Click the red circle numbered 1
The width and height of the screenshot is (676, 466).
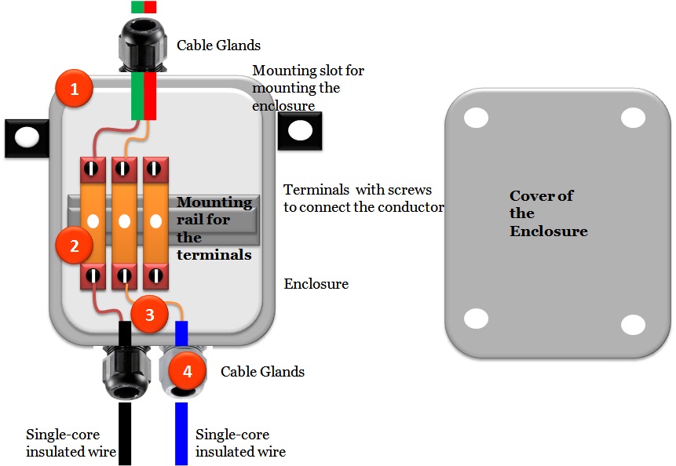pos(75,89)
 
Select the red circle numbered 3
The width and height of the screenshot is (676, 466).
pos(149,315)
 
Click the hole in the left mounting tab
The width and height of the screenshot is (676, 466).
pos(27,137)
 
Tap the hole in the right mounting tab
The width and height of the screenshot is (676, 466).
pos(300,130)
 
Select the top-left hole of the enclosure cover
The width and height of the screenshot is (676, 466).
pos(476,118)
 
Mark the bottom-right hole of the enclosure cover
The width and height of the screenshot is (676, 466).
pos(633,324)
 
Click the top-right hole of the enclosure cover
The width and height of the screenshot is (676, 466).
pos(633,118)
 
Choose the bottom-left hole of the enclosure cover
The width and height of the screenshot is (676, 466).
pos(476,319)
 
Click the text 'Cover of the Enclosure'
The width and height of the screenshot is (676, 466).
pos(548,213)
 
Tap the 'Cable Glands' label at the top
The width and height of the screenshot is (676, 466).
pos(218,46)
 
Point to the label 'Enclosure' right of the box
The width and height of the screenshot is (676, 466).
pos(316,283)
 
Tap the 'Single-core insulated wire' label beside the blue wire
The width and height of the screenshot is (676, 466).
pos(240,442)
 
